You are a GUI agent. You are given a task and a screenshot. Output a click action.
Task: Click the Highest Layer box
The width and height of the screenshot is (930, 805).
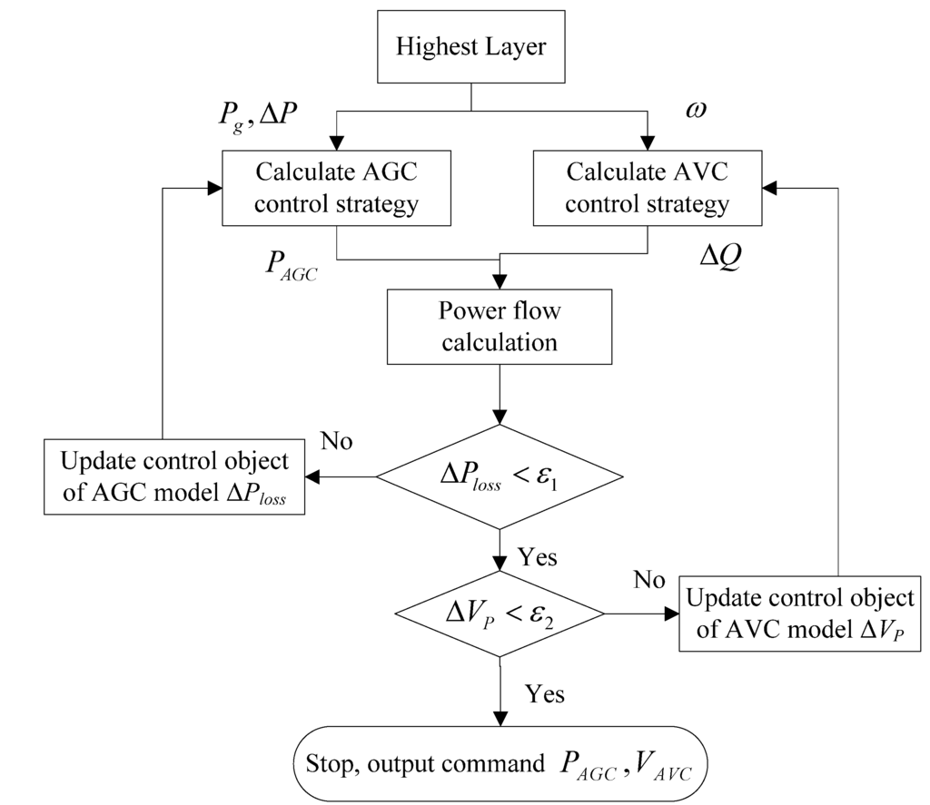pos(470,46)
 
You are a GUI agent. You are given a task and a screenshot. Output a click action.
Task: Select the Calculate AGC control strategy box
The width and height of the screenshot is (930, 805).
pos(336,189)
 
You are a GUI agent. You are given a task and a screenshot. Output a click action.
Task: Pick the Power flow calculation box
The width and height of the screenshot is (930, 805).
pos(500,328)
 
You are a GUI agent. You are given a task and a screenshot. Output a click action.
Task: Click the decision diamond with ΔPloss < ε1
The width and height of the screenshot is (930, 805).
pos(500,476)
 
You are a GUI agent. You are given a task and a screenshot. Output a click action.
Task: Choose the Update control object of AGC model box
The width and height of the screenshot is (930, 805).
pos(174,476)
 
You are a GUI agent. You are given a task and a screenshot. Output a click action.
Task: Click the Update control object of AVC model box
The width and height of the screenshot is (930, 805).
pos(800,614)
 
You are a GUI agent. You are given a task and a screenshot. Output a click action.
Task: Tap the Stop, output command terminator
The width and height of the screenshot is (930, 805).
pos(500,764)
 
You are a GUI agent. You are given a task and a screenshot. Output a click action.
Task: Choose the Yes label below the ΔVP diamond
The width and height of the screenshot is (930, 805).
pos(545,694)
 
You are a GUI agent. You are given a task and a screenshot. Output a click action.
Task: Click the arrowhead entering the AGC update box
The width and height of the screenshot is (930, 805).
pos(312,476)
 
